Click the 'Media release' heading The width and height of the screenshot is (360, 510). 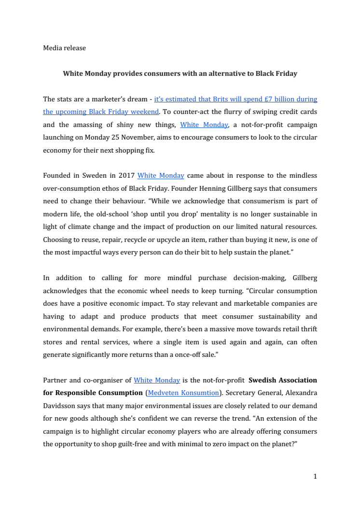64,48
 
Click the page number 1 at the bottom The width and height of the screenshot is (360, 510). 315,477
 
